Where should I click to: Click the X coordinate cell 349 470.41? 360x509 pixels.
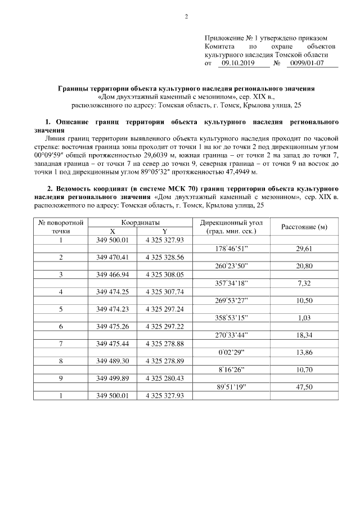[112, 257]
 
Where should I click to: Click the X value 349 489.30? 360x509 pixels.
[112, 361]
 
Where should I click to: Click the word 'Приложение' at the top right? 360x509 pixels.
[224, 37]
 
